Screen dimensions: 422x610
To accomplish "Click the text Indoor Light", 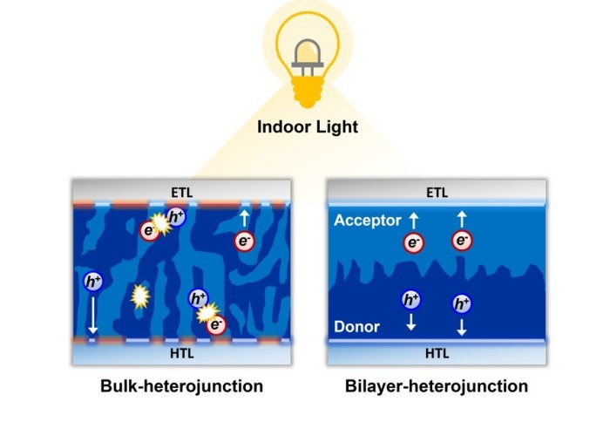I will tap(308, 127).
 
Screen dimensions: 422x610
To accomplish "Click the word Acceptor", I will tap(367, 221).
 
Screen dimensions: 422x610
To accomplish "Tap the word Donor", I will tap(357, 327).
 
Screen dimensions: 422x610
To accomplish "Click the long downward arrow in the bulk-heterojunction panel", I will tap(92, 316).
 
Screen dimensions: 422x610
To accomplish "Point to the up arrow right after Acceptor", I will tap(412, 220).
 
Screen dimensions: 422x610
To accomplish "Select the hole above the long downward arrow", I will tap(92, 282).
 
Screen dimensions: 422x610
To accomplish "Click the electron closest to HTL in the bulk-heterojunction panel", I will tap(216, 324).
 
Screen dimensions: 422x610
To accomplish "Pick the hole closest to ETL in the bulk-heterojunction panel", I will tap(176, 217).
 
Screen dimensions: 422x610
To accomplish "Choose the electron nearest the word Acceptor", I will tap(413, 242).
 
